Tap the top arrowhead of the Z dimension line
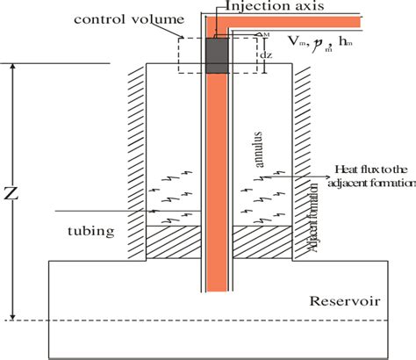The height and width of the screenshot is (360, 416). [11, 68]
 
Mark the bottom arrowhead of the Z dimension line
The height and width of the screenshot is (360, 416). [11, 315]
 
